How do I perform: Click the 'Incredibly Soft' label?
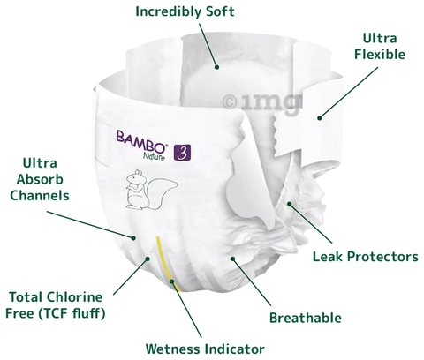[x=185, y=12]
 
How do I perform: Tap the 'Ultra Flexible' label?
[x=380, y=46]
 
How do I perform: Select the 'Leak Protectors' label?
[x=366, y=257]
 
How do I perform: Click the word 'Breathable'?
[x=306, y=318]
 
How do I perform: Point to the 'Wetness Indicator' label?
[x=205, y=349]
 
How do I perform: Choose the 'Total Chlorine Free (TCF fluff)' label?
[x=56, y=305]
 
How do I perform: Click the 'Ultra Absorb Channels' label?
[x=40, y=179]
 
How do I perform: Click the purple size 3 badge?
[x=182, y=153]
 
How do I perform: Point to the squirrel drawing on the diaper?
[x=150, y=190]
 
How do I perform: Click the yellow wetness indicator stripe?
[x=167, y=264]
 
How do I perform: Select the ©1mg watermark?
[x=262, y=102]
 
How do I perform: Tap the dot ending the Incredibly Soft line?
[x=216, y=67]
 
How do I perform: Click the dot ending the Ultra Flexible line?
[x=320, y=118]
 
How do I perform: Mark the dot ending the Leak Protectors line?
[x=290, y=204]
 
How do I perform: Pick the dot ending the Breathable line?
[x=233, y=259]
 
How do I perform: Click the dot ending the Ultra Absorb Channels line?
[x=133, y=237]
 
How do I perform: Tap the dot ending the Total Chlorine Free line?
[x=148, y=259]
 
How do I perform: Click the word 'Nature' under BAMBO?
[x=154, y=156]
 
